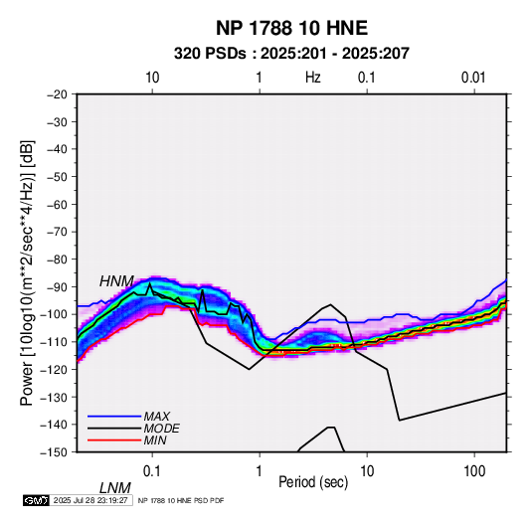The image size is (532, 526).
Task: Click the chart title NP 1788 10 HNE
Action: (x=291, y=28)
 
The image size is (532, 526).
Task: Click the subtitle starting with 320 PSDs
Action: (x=291, y=54)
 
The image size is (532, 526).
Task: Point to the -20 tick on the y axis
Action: (x=57, y=94)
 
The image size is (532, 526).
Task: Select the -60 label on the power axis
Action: (x=57, y=204)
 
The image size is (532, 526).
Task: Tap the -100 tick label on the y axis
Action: (x=55, y=314)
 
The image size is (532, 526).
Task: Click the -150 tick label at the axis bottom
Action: (x=55, y=452)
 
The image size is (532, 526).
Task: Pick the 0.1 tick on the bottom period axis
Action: (x=152, y=471)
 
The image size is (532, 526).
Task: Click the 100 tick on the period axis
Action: (x=474, y=471)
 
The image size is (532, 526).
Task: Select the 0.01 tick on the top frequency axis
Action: (x=473, y=78)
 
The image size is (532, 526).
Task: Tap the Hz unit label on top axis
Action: (x=313, y=78)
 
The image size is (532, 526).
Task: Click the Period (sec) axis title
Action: (x=313, y=482)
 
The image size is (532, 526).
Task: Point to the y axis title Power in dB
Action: (x=27, y=273)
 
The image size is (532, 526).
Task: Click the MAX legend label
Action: (x=156, y=416)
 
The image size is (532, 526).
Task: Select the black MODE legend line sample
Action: (x=114, y=429)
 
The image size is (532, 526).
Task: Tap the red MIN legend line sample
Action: (x=114, y=440)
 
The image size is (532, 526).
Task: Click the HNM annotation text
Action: (x=116, y=281)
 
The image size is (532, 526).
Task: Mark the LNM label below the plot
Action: (x=115, y=488)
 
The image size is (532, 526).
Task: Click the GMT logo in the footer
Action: (x=37, y=500)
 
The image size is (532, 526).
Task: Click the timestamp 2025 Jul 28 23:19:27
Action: (x=90, y=500)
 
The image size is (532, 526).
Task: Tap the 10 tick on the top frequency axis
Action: (x=152, y=78)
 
